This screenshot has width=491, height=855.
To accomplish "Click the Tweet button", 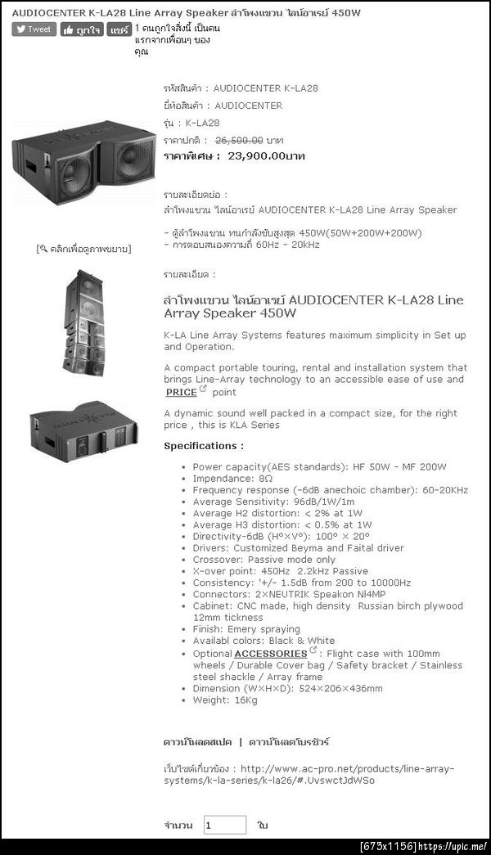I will (34, 29).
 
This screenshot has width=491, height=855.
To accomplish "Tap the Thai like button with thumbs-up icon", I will (82, 29).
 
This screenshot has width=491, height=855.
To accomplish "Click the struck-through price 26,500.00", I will (238, 140).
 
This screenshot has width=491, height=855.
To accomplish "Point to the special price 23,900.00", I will (266, 155).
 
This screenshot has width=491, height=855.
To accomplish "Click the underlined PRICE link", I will (182, 392).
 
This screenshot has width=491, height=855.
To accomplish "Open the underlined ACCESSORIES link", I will (270, 654).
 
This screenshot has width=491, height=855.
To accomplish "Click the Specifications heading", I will (204, 446).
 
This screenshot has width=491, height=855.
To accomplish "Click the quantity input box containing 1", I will (225, 825).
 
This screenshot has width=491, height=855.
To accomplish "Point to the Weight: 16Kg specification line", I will (225, 700).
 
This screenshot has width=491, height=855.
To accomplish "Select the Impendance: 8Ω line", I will (232, 479).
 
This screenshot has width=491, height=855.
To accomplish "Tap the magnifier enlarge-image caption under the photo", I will (84, 248).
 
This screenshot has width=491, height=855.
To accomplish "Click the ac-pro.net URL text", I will (309, 774).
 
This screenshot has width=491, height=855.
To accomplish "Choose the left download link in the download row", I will (197, 741).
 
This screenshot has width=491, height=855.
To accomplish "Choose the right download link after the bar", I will (289, 741).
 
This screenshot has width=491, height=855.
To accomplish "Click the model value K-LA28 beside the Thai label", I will (203, 123).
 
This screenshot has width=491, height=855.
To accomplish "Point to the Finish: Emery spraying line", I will (246, 629).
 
